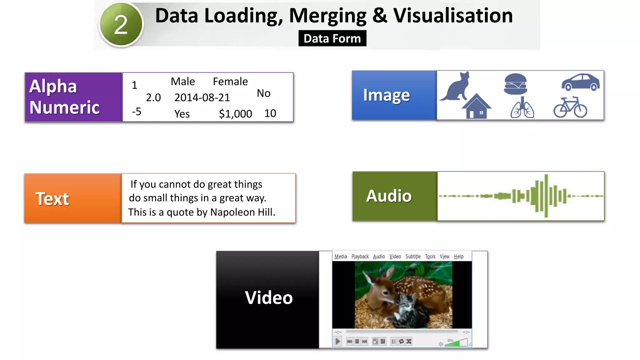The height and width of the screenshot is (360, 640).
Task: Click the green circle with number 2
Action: click(x=121, y=25)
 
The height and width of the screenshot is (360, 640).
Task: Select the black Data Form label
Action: click(x=332, y=38)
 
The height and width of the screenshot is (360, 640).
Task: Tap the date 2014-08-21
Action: click(x=202, y=97)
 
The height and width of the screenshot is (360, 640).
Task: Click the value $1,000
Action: click(x=235, y=114)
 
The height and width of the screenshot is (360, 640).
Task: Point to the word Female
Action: click(x=230, y=82)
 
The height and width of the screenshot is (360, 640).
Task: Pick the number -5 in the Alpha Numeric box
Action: click(x=137, y=112)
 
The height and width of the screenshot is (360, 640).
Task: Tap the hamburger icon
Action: click(x=516, y=84)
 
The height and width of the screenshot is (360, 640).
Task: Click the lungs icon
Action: click(x=522, y=108)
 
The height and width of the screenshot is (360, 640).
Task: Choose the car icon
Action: click(x=581, y=82)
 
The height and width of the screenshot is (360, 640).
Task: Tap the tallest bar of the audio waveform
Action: click(x=546, y=196)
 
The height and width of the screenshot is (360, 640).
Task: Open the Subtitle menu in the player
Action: click(x=413, y=257)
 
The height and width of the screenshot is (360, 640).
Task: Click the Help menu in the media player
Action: click(x=458, y=257)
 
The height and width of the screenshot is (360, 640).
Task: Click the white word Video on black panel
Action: click(x=269, y=297)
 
